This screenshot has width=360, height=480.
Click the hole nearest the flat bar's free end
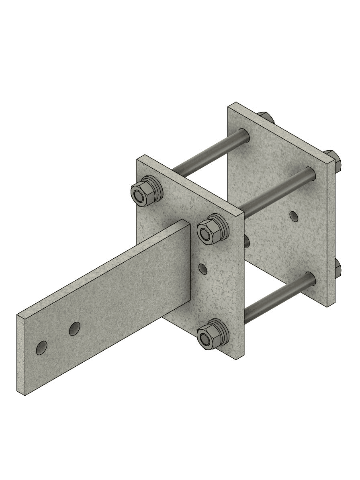coord(41,347)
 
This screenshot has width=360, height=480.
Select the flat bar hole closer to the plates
coord(74,329)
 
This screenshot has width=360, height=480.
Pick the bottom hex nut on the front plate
coord(206,341)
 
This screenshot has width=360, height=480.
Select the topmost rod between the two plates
coord(209,153)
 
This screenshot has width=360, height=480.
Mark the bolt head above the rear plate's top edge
coord(265,117)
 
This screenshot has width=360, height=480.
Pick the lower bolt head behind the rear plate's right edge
coord(337,270)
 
